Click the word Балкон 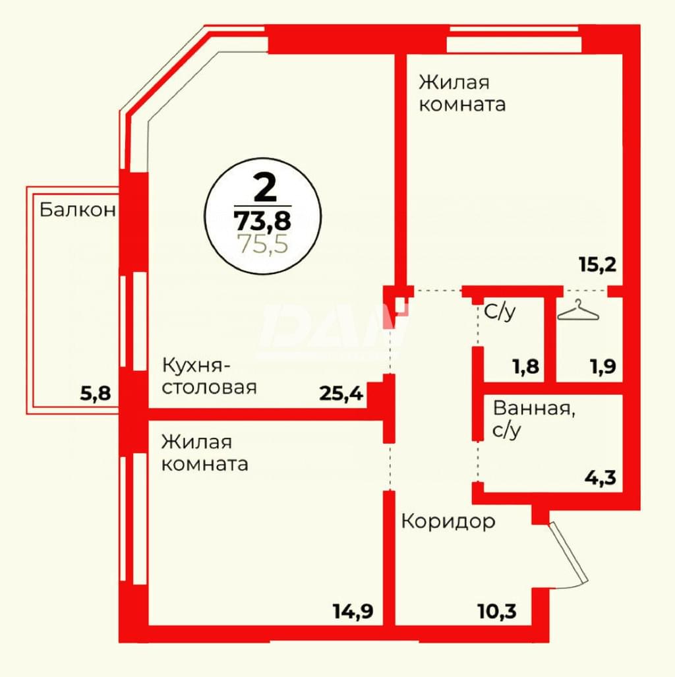click(78, 210)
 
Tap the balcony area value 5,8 click(96, 394)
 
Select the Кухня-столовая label click(210, 376)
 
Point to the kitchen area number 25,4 click(341, 394)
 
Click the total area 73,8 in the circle click(262, 221)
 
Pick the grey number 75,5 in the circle click(263, 244)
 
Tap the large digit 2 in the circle click(264, 188)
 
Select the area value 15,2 click(598, 264)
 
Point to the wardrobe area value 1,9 click(603, 367)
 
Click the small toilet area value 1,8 click(526, 367)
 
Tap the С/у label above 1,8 click(500, 312)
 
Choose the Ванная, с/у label click(534, 419)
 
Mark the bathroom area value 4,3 click(601, 478)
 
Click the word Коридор click(448, 522)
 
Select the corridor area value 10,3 click(497, 611)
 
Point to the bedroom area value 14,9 click(353, 611)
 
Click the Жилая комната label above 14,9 click(205, 453)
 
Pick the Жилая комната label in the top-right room click(462, 93)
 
